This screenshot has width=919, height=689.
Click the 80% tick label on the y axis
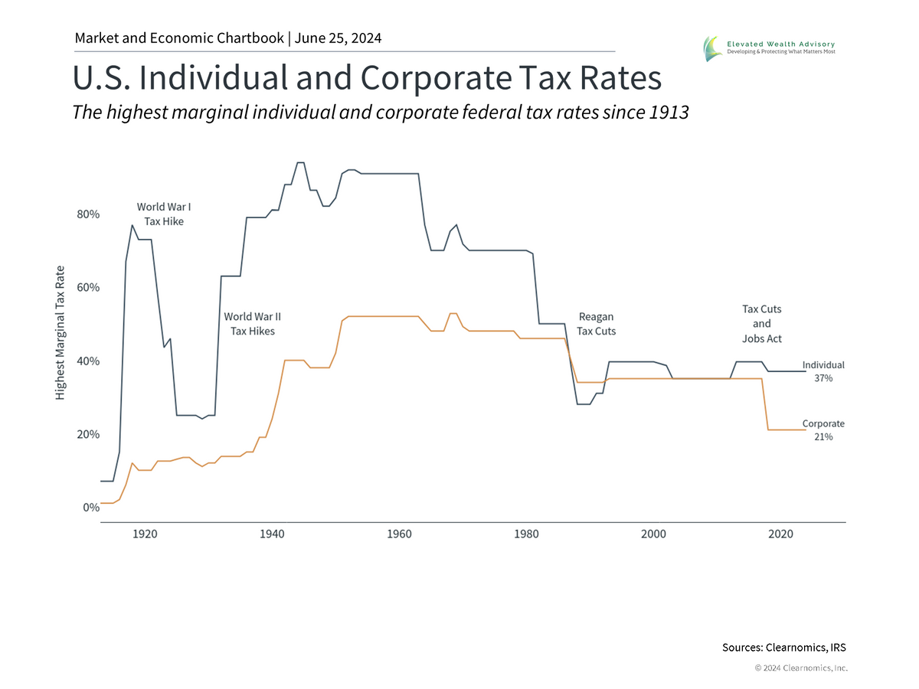(88, 215)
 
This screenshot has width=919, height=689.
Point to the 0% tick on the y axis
(91, 507)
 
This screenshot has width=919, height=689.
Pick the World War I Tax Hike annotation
(164, 214)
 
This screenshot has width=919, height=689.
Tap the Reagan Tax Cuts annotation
(596, 324)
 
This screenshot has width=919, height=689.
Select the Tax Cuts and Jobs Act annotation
(761, 324)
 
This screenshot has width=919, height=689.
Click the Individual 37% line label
(823, 371)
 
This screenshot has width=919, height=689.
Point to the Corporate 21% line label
(823, 429)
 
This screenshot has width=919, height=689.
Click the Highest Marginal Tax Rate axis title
(60, 333)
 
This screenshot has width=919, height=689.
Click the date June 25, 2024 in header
(337, 38)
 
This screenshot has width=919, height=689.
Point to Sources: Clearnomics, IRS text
(784, 648)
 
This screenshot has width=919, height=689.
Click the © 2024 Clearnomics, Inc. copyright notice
(801, 668)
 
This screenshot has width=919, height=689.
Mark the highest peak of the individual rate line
(300, 162)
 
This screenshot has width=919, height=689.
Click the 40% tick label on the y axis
(88, 361)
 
